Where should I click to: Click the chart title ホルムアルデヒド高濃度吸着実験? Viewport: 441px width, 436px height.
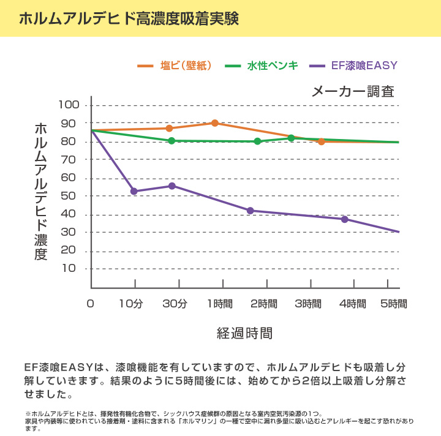pyautogui.click(x=128, y=18)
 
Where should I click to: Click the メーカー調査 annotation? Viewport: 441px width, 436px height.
pyautogui.click(x=353, y=92)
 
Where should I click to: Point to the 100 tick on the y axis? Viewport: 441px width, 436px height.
pyautogui.click(x=69, y=105)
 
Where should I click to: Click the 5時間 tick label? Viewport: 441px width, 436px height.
pyautogui.click(x=393, y=304)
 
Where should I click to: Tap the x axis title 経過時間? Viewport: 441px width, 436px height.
pyautogui.click(x=244, y=333)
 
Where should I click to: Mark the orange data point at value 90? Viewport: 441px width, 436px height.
pyautogui.click(x=215, y=123)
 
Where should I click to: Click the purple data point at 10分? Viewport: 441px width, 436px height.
pyautogui.click(x=134, y=192)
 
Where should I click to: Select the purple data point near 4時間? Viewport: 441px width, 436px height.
pyautogui.click(x=344, y=219)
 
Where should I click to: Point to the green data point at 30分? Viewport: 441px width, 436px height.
pyautogui.click(x=171, y=141)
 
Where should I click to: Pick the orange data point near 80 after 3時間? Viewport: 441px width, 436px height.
pyautogui.click(x=321, y=141)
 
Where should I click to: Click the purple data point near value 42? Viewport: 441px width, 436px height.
pyautogui.click(x=250, y=211)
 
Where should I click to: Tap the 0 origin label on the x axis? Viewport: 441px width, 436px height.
pyautogui.click(x=91, y=304)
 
